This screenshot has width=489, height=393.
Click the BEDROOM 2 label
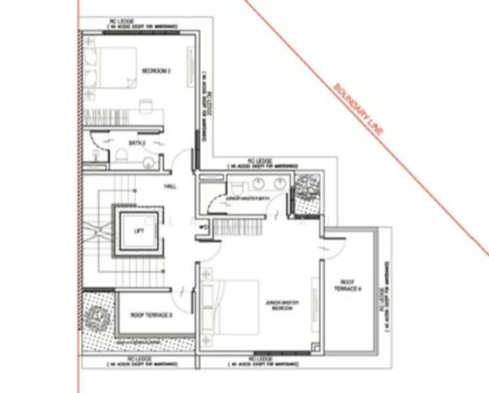click(x=156, y=71)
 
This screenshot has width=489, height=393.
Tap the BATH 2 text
click(x=136, y=142)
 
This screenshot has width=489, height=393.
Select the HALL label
click(x=171, y=186)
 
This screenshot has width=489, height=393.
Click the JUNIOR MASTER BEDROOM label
click(x=282, y=305)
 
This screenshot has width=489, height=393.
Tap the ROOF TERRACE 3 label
click(x=151, y=316)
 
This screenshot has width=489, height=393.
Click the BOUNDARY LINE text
click(x=358, y=109)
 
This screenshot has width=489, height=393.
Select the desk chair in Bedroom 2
click(x=146, y=105)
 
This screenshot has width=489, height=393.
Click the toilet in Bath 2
click(x=119, y=155)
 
